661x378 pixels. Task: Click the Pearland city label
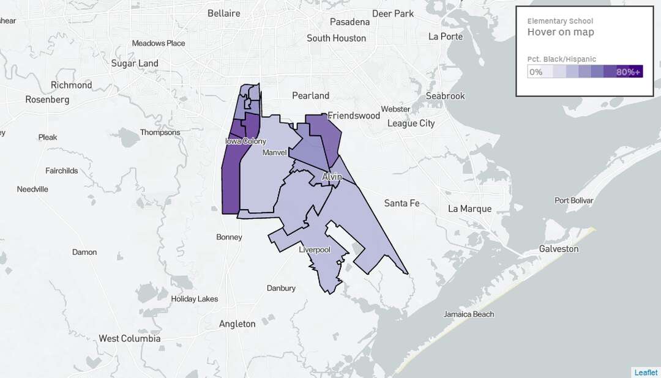(x=310, y=95)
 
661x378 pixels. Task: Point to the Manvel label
(x=274, y=152)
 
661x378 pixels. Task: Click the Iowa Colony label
(x=246, y=141)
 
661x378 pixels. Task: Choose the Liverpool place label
(x=315, y=250)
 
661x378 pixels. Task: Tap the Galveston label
(x=558, y=249)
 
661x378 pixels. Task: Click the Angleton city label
(x=237, y=324)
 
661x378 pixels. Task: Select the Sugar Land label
(x=135, y=63)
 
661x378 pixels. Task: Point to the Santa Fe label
(x=401, y=203)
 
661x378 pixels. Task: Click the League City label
(x=411, y=123)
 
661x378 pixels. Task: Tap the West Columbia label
(x=130, y=338)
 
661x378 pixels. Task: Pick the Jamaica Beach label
(x=469, y=314)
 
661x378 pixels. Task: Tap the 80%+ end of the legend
(x=629, y=72)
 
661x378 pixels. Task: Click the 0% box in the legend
(x=536, y=72)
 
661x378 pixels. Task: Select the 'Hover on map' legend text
(x=561, y=32)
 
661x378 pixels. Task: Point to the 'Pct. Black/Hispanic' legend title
(x=561, y=59)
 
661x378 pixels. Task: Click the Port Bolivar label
(x=574, y=201)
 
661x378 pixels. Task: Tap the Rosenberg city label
(x=47, y=99)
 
